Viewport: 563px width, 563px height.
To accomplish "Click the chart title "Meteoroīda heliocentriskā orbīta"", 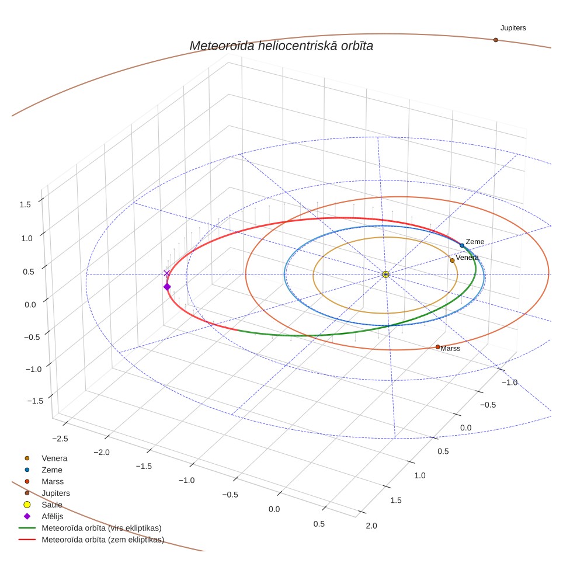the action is coord(281,46).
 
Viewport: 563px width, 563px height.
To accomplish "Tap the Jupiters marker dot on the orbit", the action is coord(495,40).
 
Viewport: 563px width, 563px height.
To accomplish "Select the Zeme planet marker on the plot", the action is coord(462,246).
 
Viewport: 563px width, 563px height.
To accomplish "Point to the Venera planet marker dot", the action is coord(453,260).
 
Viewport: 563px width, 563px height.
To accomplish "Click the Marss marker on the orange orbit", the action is coord(437,347).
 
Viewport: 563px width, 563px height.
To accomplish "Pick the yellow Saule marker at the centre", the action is coord(385,274).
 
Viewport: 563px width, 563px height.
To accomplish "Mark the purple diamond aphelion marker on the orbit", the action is coord(167,287).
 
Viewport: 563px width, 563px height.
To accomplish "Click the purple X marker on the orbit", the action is coord(166,273).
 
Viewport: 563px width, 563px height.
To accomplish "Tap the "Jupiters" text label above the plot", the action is coord(513,28).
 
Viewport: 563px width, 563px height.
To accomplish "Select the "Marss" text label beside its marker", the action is coord(450,348).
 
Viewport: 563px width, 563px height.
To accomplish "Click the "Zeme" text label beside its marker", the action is coord(475,242).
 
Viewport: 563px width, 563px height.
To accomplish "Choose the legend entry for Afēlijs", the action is coord(53,516).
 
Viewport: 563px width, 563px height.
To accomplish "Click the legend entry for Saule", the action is coord(52,505).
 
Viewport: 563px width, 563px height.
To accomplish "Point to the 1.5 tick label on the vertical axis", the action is coord(25,204).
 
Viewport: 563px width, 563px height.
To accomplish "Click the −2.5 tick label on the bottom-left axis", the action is coord(60,439).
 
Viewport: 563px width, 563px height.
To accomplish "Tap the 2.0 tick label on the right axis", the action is coord(371,526).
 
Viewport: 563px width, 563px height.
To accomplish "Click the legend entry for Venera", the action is coord(54,458).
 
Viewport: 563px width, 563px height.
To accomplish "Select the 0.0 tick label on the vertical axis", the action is coord(30,305).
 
